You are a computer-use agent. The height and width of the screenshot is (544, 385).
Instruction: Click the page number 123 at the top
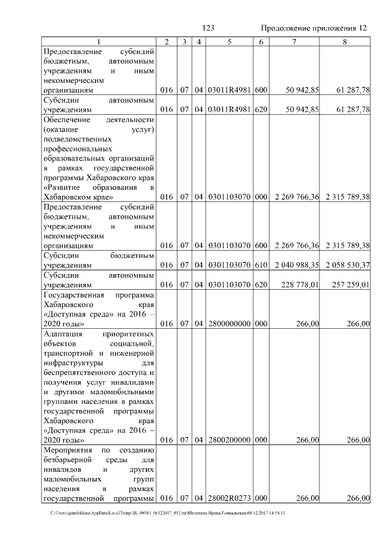click(209, 28)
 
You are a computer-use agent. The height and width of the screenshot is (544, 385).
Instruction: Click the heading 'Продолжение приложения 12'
click(313, 28)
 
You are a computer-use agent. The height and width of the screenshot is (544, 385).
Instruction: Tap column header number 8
click(345, 41)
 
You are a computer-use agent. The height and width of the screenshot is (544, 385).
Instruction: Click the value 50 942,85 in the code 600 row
click(297, 90)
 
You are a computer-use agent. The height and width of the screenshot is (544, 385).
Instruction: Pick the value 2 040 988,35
click(297, 265)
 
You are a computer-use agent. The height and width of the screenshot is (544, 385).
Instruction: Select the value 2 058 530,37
click(346, 265)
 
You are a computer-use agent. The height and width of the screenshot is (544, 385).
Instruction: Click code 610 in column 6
click(260, 265)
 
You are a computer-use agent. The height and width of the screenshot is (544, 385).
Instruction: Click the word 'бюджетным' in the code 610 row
click(133, 255)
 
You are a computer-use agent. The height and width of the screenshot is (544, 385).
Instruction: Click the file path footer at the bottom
click(168, 513)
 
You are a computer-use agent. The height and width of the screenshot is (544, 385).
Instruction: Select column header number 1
click(99, 41)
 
